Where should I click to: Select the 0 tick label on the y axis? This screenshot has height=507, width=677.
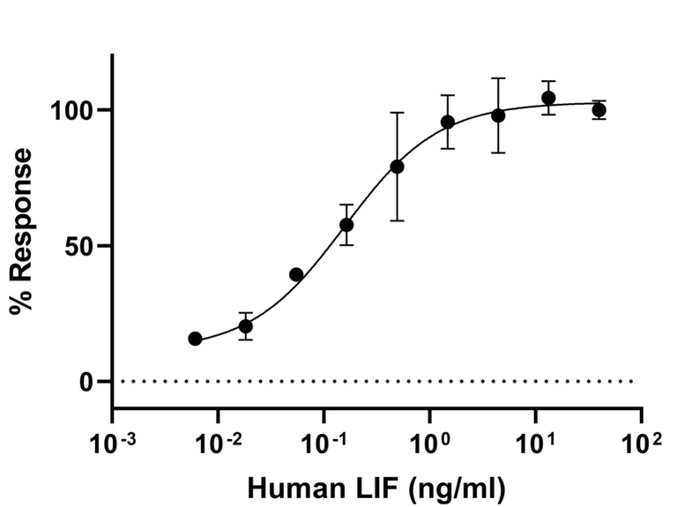pyautogui.click(x=91, y=382)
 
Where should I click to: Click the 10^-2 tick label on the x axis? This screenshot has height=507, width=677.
pyautogui.click(x=219, y=440)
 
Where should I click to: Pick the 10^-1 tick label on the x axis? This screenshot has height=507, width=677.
pyautogui.click(x=324, y=440)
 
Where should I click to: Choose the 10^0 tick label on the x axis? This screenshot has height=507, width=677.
pyautogui.click(x=432, y=440)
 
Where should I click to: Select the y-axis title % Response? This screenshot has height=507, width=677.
pyautogui.click(x=21, y=232)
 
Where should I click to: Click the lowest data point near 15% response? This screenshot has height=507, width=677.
pyautogui.click(x=195, y=339)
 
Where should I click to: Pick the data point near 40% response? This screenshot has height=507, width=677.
pyautogui.click(x=296, y=274)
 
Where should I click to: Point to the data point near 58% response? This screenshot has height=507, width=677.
pyautogui.click(x=346, y=225)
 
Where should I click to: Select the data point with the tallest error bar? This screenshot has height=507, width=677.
pyautogui.click(x=397, y=167)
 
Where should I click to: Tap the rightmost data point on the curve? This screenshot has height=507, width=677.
pyautogui.click(x=599, y=110)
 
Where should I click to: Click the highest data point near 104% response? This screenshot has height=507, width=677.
pyautogui.click(x=548, y=98)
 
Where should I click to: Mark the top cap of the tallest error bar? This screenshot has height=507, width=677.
pyautogui.click(x=397, y=113)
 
